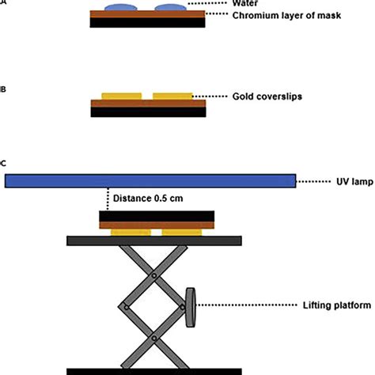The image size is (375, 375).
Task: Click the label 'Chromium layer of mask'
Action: pyautogui.click(x=286, y=16)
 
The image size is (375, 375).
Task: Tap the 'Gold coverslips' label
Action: pyautogui.click(x=267, y=97)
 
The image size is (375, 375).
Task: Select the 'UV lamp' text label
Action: pyautogui.click(x=354, y=182)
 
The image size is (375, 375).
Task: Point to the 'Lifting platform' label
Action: pyautogui.click(x=337, y=305)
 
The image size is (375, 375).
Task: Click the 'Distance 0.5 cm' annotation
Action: pyautogui.click(x=148, y=199)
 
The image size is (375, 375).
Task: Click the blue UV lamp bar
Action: pyautogui.click(x=150, y=181)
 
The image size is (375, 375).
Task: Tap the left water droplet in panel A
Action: pyautogui.click(x=121, y=7)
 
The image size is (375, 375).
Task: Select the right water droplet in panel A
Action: pyautogui.click(x=170, y=7)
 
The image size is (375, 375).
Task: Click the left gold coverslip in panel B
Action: pyautogui.click(x=122, y=97)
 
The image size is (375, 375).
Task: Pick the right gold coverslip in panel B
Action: pyautogui.click(x=172, y=97)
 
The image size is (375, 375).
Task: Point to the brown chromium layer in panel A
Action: pyautogui.click(x=147, y=14)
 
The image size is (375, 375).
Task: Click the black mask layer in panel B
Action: pyautogui.click(x=148, y=112)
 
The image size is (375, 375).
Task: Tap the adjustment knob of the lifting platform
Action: pyautogui.click(x=191, y=308)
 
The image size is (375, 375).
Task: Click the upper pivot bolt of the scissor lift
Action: pyautogui.click(x=154, y=275)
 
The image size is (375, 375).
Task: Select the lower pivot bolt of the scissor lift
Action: pyautogui.click(x=154, y=338)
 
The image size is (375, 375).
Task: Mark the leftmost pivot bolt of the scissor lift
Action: pyautogui.click(x=127, y=307)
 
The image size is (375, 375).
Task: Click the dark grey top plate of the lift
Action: pyautogui.click(x=154, y=241)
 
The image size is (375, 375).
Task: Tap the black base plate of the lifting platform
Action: pyautogui.click(x=154, y=372)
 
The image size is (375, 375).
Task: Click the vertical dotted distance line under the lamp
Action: pyautogui.click(x=108, y=199)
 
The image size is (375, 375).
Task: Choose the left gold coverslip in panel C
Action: pyautogui.click(x=131, y=233)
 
